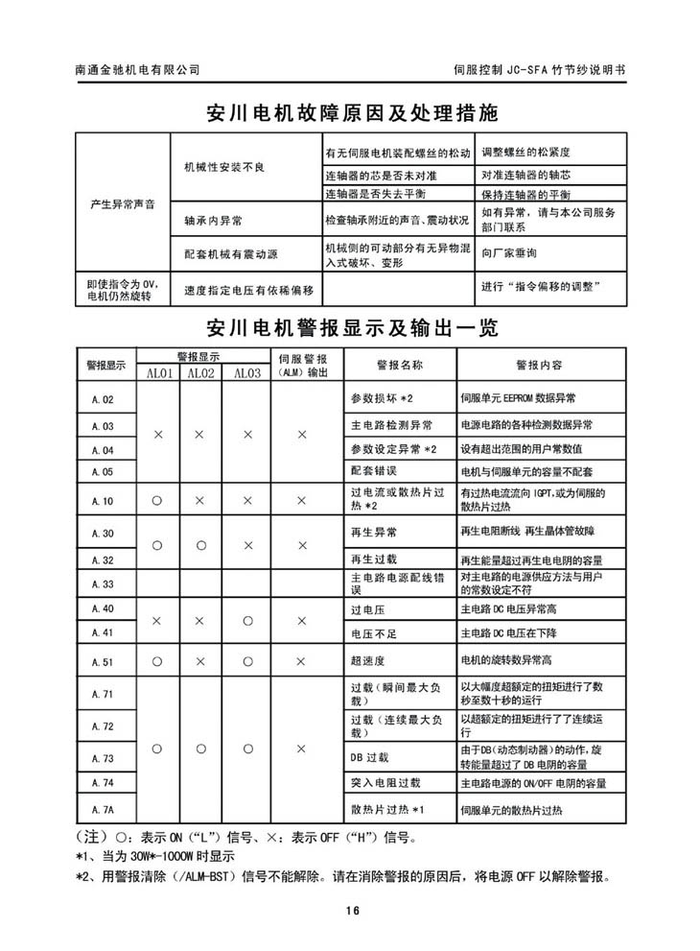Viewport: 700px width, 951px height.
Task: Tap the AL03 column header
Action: (246, 373)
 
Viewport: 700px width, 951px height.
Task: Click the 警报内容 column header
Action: (539, 365)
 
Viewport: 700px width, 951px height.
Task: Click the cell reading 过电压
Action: (369, 609)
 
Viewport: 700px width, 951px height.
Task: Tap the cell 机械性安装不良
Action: (223, 167)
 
